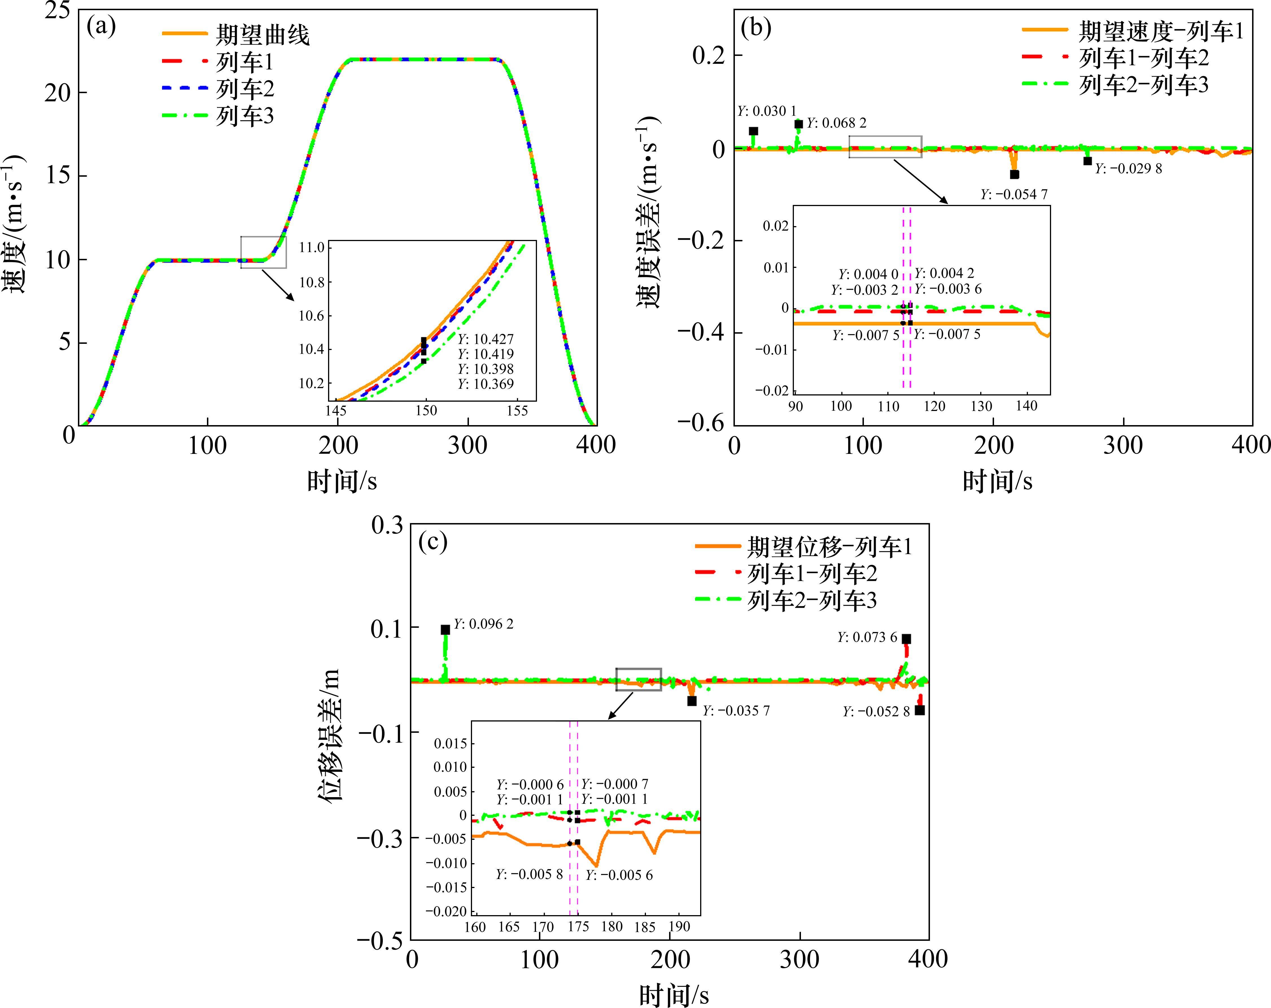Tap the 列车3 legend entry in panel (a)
click(x=245, y=116)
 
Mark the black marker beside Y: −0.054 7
click(x=1014, y=174)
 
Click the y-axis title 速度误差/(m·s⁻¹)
click(x=648, y=212)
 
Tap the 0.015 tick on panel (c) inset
click(x=450, y=743)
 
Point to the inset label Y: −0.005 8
click(x=529, y=874)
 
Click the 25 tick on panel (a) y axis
click(x=57, y=11)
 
